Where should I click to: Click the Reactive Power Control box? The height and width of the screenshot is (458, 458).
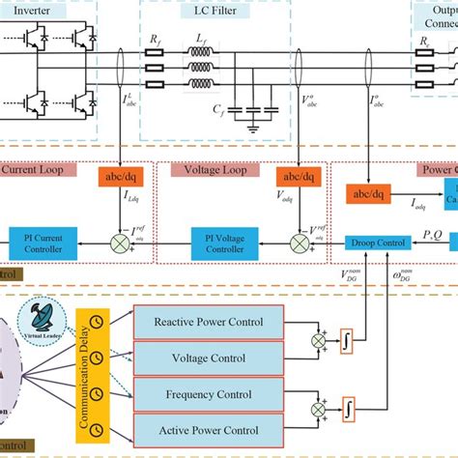pyautogui.click(x=208, y=322)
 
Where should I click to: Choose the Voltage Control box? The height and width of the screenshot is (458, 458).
pyautogui.click(x=208, y=358)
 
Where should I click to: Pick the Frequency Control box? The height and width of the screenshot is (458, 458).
pyautogui.click(x=208, y=393)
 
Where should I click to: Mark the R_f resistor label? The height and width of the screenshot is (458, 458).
pyautogui.click(x=155, y=38)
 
